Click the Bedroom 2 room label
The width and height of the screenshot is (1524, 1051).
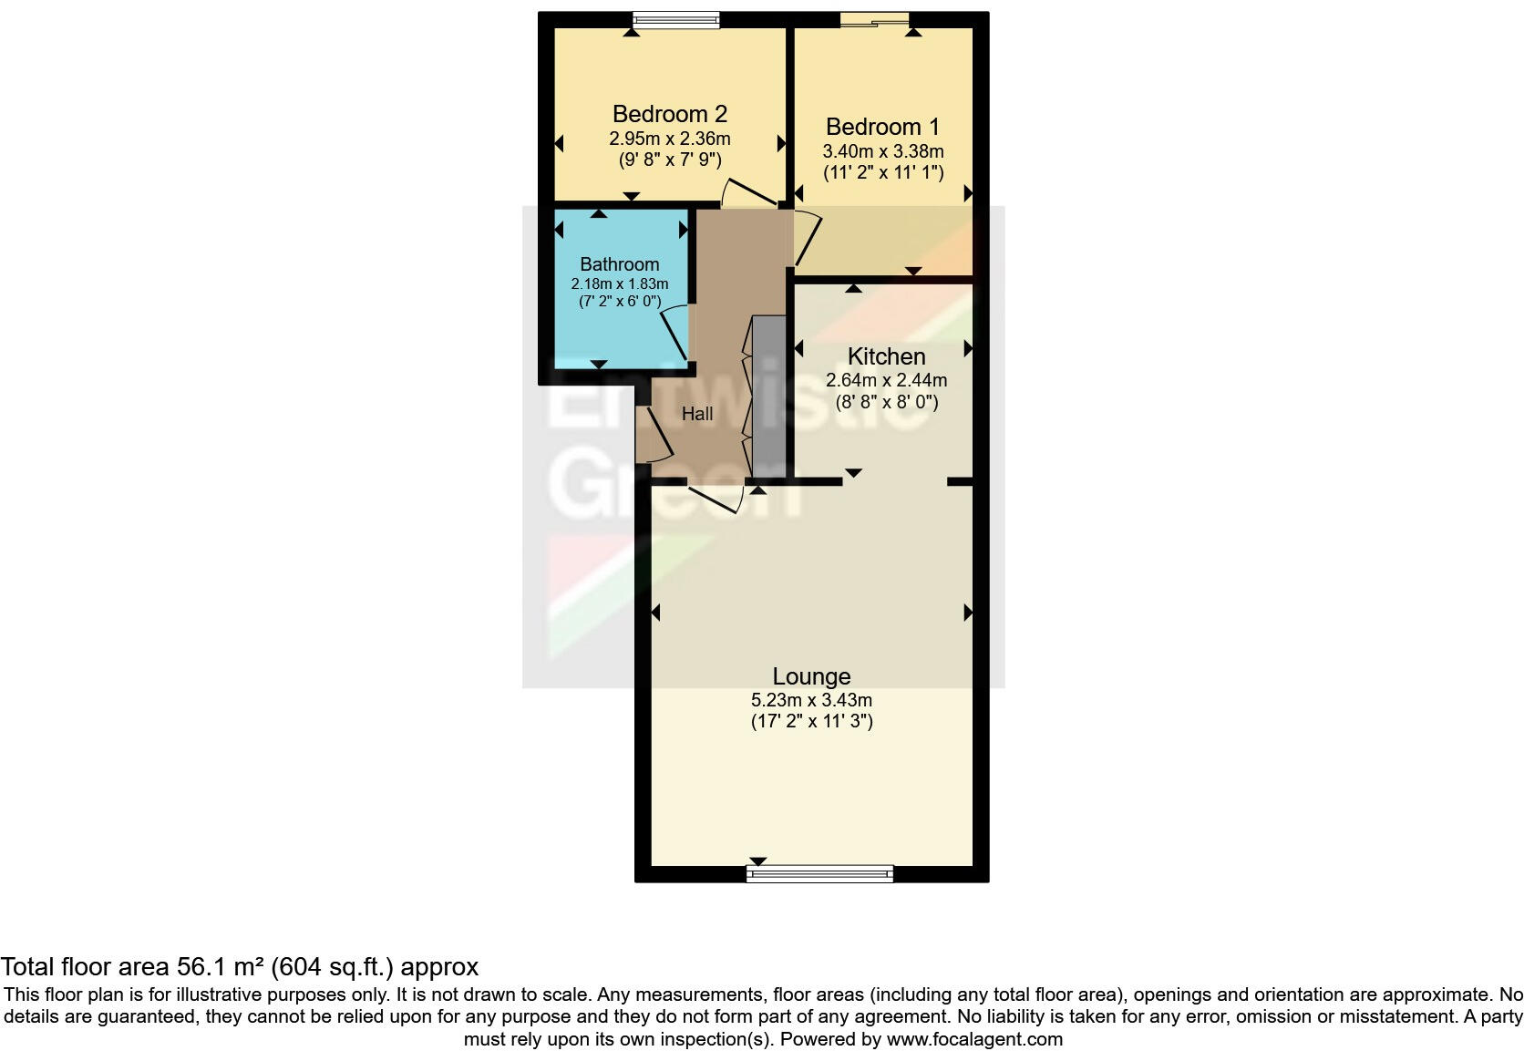669,114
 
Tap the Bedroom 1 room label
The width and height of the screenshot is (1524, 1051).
882,127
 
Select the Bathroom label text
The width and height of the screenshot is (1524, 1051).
619,264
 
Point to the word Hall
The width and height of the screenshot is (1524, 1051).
697,414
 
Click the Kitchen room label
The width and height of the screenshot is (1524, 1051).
886,356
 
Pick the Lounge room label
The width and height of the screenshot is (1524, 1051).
811,676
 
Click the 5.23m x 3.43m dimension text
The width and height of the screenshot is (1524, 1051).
811,700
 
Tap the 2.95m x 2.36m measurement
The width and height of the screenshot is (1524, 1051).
669,139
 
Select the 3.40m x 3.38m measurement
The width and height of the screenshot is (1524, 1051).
882,151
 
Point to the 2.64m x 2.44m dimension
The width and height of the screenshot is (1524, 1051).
886,380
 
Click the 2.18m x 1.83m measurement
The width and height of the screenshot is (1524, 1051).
619,283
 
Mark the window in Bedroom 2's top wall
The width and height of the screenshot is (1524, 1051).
676,19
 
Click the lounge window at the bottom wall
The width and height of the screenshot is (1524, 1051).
819,874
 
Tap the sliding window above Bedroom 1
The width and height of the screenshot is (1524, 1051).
875,19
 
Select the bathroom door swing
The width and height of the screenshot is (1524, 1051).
675,332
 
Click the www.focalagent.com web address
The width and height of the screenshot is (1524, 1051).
974,1039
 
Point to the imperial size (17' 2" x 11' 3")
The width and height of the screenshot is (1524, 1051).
811,722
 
